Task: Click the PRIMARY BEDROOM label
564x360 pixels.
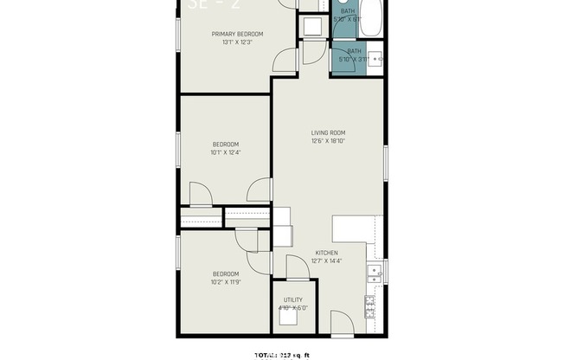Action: pyautogui.click(x=237, y=34)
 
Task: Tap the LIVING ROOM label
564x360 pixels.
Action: pyautogui.click(x=329, y=132)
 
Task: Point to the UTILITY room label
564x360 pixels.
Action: pyautogui.click(x=292, y=299)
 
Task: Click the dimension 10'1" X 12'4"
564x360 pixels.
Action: pyautogui.click(x=225, y=152)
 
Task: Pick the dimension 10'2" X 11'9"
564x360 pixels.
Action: pyautogui.click(x=225, y=281)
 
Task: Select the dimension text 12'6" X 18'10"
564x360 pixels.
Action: pyautogui.click(x=329, y=141)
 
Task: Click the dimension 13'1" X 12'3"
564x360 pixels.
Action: pyautogui.click(x=237, y=42)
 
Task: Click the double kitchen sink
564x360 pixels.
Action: pyautogui.click(x=374, y=273)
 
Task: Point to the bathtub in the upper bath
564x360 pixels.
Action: pyautogui.click(x=371, y=18)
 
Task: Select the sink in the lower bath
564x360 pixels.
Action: pyautogui.click(x=375, y=60)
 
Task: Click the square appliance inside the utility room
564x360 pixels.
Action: pyautogui.click(x=287, y=317)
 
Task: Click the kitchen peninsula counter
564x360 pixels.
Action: pyautogui.click(x=354, y=228)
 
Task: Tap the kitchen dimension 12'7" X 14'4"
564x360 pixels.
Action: pyautogui.click(x=326, y=260)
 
